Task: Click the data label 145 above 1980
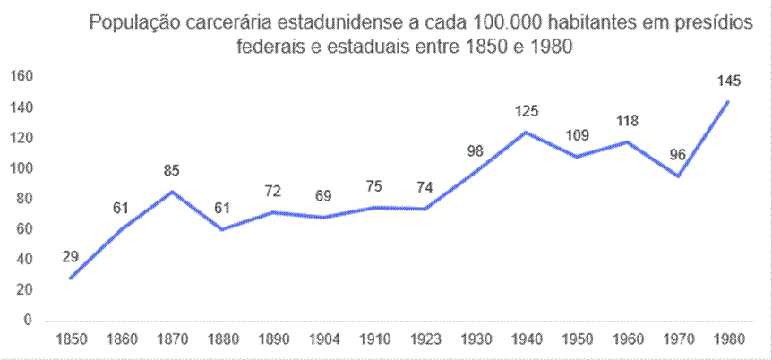(728, 81)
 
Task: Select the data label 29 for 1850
(71, 257)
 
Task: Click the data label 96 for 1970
(677, 154)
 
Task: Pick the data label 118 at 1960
(627, 122)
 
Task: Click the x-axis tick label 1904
(324, 340)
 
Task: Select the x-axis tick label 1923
(425, 340)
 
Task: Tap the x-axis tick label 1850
(71, 340)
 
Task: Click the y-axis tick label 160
(21, 77)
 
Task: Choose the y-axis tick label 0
(28, 320)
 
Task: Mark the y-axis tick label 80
(24, 199)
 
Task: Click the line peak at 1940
(526, 132)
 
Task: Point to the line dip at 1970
(678, 176)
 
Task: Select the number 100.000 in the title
(483, 22)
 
